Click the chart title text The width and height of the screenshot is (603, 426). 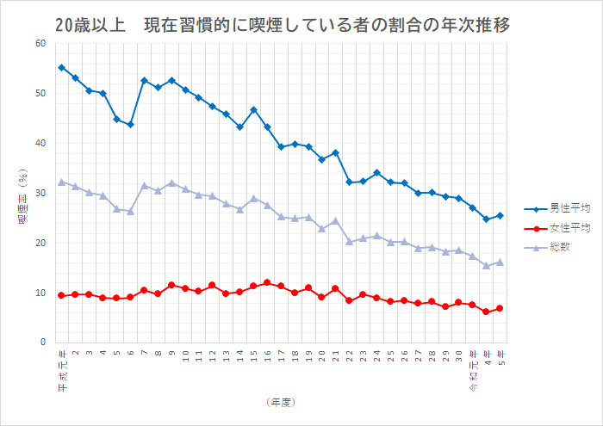tap(282, 25)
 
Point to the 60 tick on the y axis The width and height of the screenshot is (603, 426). tap(40, 43)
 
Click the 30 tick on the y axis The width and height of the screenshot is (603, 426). tap(40, 193)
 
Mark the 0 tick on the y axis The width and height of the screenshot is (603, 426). tap(43, 343)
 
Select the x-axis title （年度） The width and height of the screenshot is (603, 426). tap(282, 401)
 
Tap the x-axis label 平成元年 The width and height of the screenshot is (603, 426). tap(61, 365)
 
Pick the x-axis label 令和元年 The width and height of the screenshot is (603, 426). tap(472, 365)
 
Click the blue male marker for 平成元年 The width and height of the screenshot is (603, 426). tap(61, 67)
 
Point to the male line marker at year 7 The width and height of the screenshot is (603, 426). tap(144, 80)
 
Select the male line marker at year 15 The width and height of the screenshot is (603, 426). tap(253, 109)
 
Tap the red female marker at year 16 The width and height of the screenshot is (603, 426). tap(267, 282)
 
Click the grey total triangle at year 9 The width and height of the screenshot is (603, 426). tap(171, 182)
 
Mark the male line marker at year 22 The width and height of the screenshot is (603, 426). tap(349, 182)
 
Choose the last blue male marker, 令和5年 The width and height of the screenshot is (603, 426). tap(500, 215)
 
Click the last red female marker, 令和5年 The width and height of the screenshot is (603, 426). tap(500, 308)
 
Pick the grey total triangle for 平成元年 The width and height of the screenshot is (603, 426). tap(61, 182)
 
